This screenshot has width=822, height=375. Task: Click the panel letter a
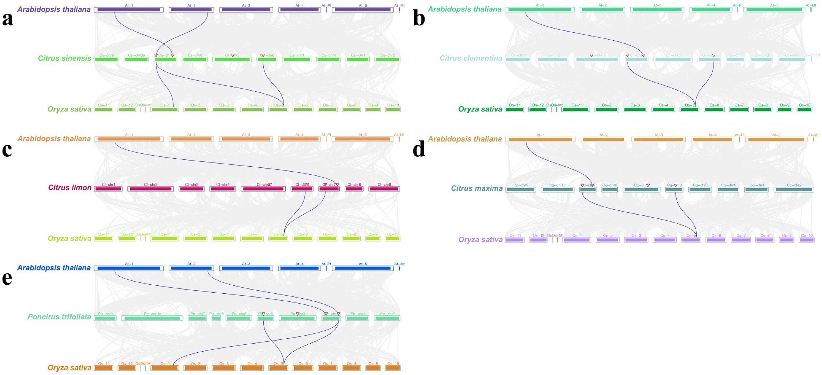pos(8,19)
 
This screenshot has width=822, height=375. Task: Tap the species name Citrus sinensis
pos(64,58)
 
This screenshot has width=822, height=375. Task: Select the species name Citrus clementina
pos(471,58)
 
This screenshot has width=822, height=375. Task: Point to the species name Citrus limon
pos(70,188)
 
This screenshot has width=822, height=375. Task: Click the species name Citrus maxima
pos(476,189)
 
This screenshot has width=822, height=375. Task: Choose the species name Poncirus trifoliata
pos(59,317)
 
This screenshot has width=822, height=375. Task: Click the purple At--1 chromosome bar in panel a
pos(129,10)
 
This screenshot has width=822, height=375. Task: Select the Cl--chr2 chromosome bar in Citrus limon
pos(151,189)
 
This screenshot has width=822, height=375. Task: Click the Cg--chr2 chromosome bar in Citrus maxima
pos(794,190)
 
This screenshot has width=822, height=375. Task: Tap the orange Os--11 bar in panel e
pos(103,368)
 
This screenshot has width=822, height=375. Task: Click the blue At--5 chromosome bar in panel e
pos(362,268)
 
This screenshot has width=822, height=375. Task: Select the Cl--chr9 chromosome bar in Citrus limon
pos(384,189)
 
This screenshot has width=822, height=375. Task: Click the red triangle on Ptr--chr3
pos(297,314)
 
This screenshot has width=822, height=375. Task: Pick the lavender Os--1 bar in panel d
pos(577,240)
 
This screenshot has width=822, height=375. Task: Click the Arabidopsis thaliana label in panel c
pos(54,139)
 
